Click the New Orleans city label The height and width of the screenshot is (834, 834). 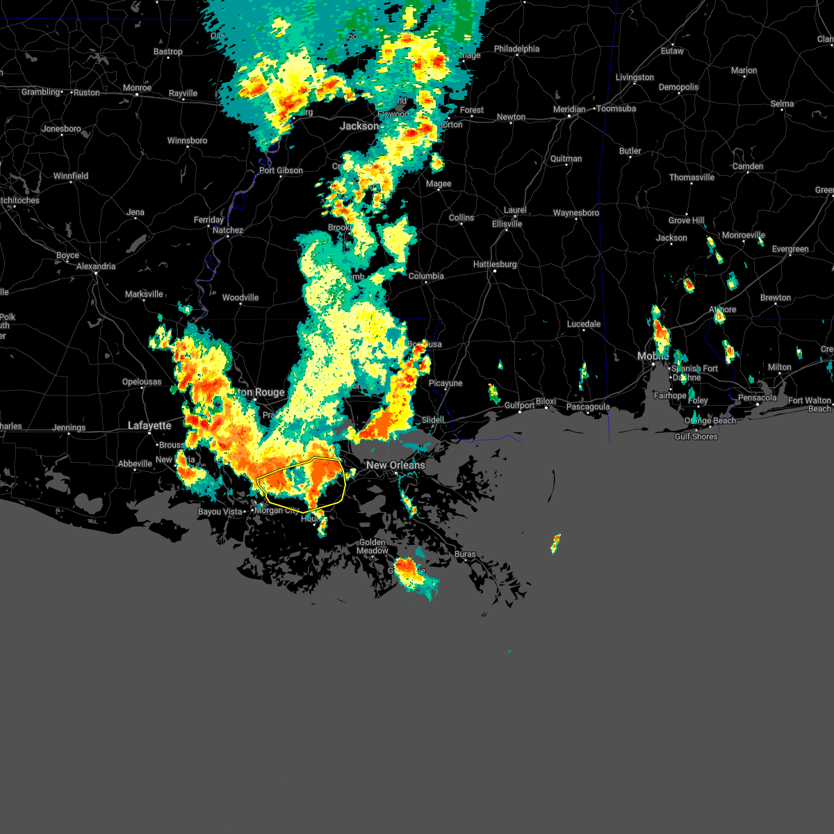pyautogui.click(x=395, y=465)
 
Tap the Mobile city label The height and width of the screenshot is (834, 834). pyautogui.click(x=653, y=356)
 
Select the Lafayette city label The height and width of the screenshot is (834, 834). pyautogui.click(x=149, y=425)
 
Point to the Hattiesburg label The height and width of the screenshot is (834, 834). pyautogui.click(x=495, y=265)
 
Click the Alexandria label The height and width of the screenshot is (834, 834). pyautogui.click(x=96, y=266)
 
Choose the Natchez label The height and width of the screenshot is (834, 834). pyautogui.click(x=228, y=230)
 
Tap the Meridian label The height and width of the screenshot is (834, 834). pyautogui.click(x=569, y=109)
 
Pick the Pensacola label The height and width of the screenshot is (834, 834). pyautogui.click(x=758, y=398)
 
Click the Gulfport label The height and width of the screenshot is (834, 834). pyautogui.click(x=519, y=405)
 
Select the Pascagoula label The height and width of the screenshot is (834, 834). pyautogui.click(x=588, y=407)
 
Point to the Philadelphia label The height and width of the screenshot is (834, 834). pyautogui.click(x=516, y=49)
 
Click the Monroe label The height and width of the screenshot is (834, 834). pyautogui.click(x=137, y=88)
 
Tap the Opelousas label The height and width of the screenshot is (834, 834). pyautogui.click(x=142, y=382)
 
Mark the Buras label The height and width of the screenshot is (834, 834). pyautogui.click(x=465, y=554)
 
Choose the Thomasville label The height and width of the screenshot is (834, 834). pyautogui.click(x=692, y=177)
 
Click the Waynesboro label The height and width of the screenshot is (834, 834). pyautogui.click(x=576, y=213)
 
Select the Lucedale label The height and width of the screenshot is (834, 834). pyautogui.click(x=584, y=324)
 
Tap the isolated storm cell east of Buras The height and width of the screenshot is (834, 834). pyautogui.click(x=555, y=543)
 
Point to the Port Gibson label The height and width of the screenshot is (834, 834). pyautogui.click(x=281, y=170)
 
